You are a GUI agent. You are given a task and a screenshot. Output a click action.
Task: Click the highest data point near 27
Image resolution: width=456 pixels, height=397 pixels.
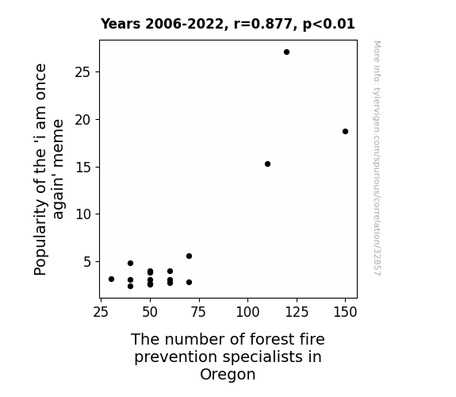286,52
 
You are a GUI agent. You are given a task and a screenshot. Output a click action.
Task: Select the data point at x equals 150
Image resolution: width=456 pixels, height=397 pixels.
345,131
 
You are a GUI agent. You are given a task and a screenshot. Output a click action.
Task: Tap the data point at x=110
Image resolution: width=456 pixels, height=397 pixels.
267,164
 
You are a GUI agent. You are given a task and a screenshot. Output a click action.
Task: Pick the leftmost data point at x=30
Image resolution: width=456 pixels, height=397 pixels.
111,279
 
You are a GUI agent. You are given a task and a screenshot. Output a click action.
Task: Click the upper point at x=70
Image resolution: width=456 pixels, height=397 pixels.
189,256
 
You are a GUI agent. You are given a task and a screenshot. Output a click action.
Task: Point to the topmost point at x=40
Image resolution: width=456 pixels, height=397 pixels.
130,263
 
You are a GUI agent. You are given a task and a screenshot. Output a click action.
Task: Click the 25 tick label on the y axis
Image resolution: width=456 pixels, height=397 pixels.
82,72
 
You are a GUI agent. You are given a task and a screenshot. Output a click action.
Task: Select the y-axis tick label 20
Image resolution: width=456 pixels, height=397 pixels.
82,120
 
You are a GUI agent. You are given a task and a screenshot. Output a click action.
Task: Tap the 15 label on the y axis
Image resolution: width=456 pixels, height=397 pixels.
82,168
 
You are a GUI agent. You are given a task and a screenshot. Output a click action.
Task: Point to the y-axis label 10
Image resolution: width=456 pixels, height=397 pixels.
82,214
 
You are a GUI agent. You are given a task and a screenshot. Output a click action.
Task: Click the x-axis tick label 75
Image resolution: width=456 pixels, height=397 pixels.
198,312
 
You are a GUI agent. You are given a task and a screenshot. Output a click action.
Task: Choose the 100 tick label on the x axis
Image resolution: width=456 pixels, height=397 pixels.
247,312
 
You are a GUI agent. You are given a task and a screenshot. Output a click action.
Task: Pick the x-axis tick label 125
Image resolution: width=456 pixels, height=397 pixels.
297,312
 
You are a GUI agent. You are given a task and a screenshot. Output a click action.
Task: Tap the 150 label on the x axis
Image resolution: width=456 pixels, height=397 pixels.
345,312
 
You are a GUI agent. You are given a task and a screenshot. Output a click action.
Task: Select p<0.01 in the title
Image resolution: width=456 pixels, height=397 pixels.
329,25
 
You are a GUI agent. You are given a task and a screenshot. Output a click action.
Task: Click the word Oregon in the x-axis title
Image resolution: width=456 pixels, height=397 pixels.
228,375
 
